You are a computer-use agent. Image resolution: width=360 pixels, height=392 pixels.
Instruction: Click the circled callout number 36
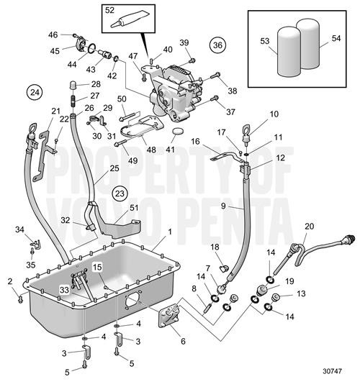click(x=217, y=45)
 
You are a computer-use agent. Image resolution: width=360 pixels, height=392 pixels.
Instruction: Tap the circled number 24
click(x=35, y=93)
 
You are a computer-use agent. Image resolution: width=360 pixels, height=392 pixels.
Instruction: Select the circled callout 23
click(x=120, y=193)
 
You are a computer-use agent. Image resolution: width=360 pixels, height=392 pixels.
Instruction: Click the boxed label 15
click(x=97, y=268)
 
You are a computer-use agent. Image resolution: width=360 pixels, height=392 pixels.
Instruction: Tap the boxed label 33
click(x=64, y=290)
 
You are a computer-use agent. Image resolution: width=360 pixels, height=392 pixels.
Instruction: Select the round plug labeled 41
click(x=178, y=131)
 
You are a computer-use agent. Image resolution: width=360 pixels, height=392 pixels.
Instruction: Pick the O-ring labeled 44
click(x=92, y=48)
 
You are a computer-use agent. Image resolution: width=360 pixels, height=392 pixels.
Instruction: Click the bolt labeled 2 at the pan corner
click(x=20, y=300)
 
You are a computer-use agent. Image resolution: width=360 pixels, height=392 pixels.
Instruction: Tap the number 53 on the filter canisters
click(x=265, y=41)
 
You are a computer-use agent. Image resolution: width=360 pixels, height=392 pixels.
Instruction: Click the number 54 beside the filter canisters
click(x=336, y=38)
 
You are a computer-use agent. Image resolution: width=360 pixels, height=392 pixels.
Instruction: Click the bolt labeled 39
click(x=192, y=60)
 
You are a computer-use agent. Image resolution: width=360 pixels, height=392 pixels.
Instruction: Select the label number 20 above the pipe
click(x=309, y=227)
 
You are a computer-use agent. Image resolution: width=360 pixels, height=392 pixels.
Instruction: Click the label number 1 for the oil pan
click(x=170, y=232)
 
